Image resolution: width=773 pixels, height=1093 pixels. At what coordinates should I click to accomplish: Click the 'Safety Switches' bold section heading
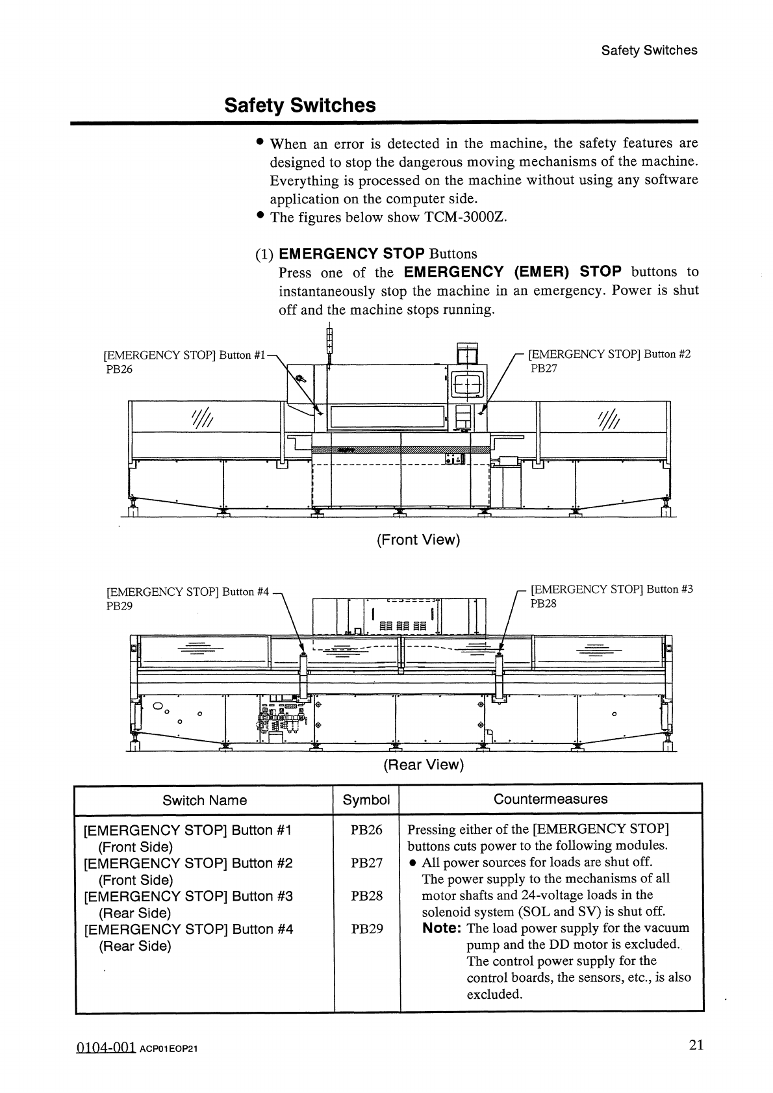(x=299, y=105)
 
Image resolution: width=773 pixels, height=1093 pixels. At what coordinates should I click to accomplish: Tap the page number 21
(x=696, y=1045)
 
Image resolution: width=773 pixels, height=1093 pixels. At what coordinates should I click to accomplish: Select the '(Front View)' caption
(x=418, y=540)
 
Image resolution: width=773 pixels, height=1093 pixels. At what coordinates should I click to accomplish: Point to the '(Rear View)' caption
(x=424, y=765)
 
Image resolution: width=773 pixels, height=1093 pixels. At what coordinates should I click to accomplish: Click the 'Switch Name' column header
(x=205, y=800)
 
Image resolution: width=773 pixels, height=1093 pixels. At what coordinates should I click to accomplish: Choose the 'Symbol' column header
(x=366, y=800)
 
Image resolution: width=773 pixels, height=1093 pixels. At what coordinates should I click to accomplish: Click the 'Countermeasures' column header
(x=550, y=799)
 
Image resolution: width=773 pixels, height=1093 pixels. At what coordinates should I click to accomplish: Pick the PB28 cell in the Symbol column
(x=366, y=896)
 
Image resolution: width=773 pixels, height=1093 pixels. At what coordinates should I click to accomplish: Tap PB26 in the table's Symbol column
(x=366, y=830)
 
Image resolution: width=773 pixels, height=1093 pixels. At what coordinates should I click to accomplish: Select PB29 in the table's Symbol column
(x=366, y=929)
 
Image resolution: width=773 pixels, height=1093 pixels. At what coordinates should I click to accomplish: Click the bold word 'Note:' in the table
(x=442, y=928)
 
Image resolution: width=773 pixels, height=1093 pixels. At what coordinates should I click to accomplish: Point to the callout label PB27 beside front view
(x=544, y=368)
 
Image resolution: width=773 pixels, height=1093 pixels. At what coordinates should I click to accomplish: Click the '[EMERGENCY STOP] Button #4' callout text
(x=187, y=592)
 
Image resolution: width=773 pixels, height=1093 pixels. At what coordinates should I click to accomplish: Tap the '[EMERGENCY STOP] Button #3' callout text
(x=612, y=589)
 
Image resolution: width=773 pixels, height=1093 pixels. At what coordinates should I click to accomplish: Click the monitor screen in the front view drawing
(x=466, y=385)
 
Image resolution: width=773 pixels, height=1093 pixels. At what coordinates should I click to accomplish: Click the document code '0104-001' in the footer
(x=105, y=1047)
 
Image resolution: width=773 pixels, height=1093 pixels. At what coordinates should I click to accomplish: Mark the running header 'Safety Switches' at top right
(x=649, y=50)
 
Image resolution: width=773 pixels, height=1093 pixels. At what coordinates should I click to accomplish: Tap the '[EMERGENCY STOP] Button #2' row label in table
(x=188, y=863)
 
